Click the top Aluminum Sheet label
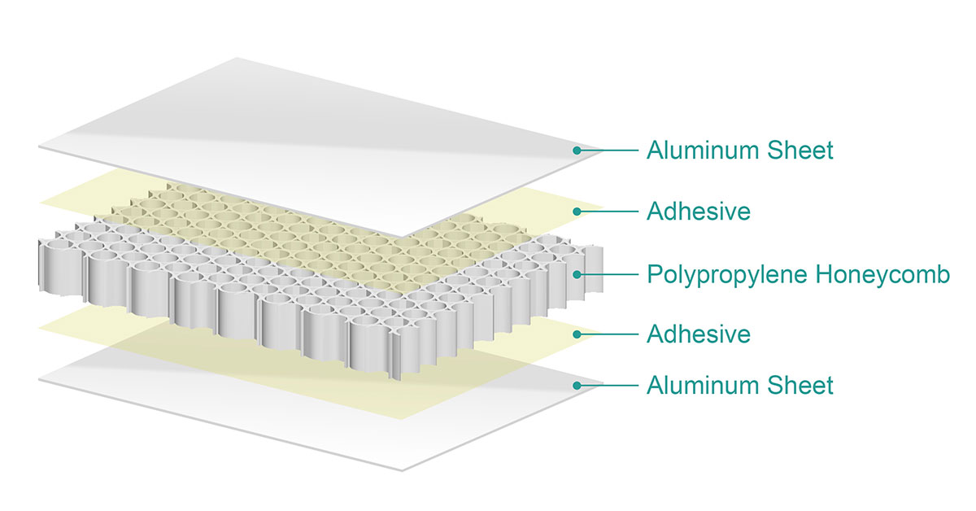coord(739,151)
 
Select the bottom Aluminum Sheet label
coord(739,385)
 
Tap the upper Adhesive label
coord(698,212)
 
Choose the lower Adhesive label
coord(698,334)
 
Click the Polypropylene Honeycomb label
coord(797,274)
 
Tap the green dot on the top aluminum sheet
coord(577,151)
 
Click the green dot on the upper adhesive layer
coord(577,212)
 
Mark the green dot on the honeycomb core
coord(577,274)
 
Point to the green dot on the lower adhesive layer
coord(577,334)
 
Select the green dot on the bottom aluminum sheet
coord(577,385)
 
